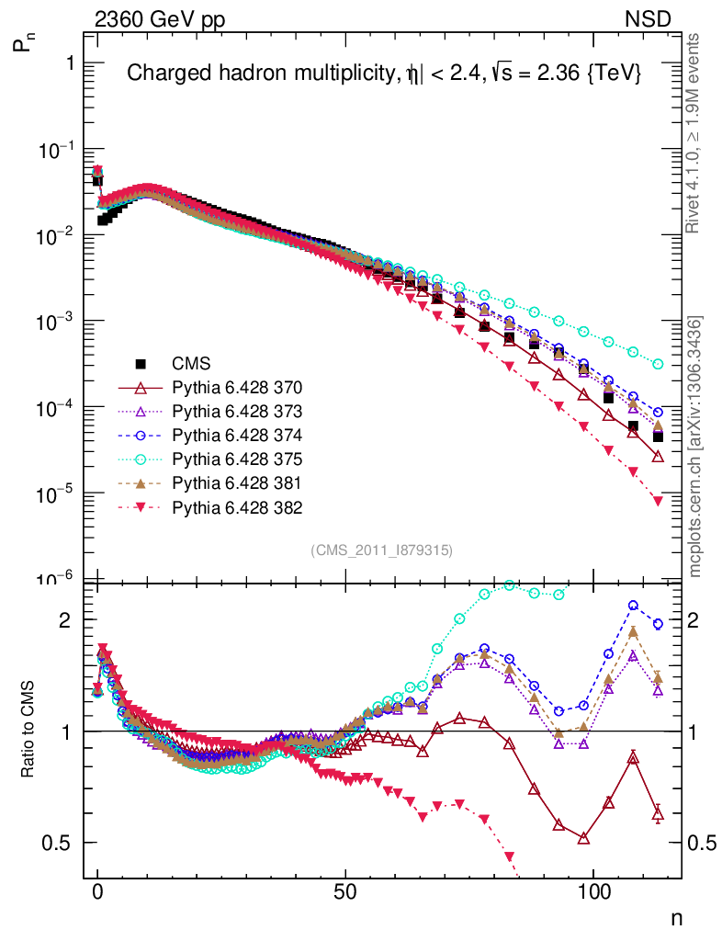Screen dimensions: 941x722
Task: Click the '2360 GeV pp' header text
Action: tap(160, 18)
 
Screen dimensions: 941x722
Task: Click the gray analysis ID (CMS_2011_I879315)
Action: tap(382, 550)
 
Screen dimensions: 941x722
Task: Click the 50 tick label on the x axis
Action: tap(345, 892)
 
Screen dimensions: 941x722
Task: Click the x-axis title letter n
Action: tap(677, 918)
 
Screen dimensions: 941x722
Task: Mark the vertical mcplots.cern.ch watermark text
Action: tap(697, 447)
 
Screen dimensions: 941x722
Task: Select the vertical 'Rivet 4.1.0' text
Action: tap(697, 133)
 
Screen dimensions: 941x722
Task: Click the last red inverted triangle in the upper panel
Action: tap(658, 501)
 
